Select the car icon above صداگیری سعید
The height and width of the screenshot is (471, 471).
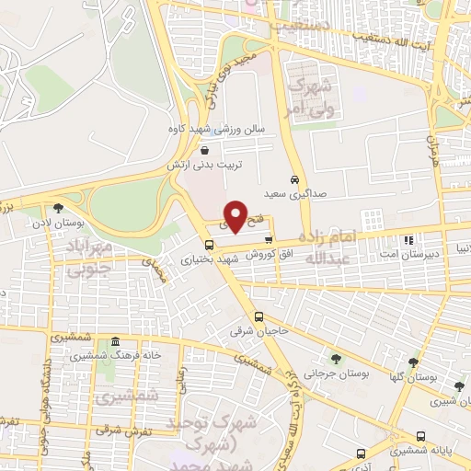(x=293, y=179)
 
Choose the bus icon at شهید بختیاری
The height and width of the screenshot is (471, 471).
(x=210, y=245)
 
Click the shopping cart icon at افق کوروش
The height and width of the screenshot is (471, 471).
(x=269, y=239)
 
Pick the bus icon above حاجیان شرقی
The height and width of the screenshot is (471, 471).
(x=259, y=315)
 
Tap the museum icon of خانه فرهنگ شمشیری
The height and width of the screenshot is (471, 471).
(x=115, y=342)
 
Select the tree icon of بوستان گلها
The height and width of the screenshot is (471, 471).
(x=413, y=363)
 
